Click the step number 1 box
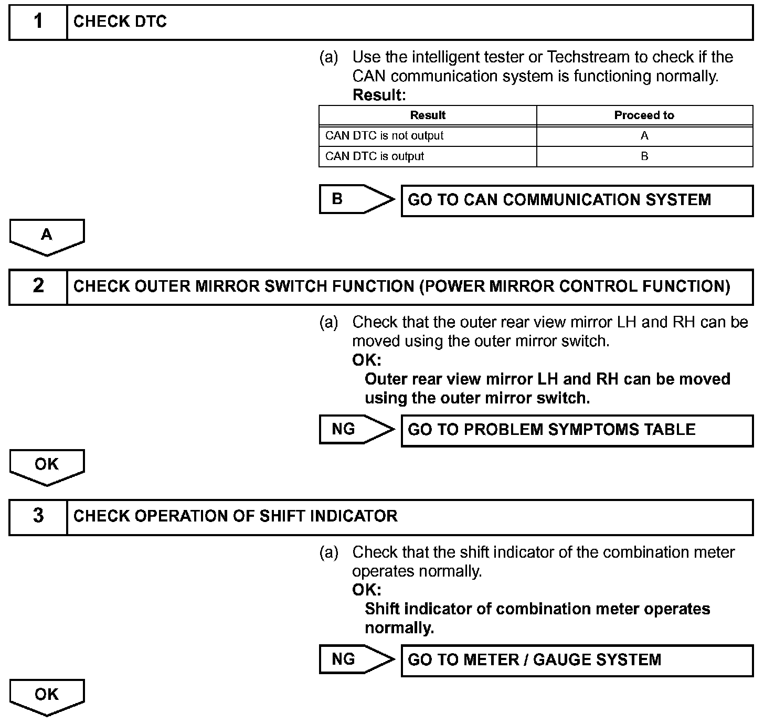pos(38,22)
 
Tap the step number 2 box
pos(38,286)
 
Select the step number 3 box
pos(38,516)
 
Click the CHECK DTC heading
pos(120,22)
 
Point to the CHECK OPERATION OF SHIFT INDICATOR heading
pos(235,516)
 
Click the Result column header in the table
pos(428,115)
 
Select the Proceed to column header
pos(644,115)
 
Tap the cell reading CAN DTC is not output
pos(385,136)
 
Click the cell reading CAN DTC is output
pos(375,156)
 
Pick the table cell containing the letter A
pos(644,136)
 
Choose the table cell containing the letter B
pos(644,156)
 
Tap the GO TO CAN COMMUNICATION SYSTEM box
pos(577,200)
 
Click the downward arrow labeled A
pos(47,236)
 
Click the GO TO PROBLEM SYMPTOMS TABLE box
pos(577,430)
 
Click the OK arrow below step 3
pos(47,696)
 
